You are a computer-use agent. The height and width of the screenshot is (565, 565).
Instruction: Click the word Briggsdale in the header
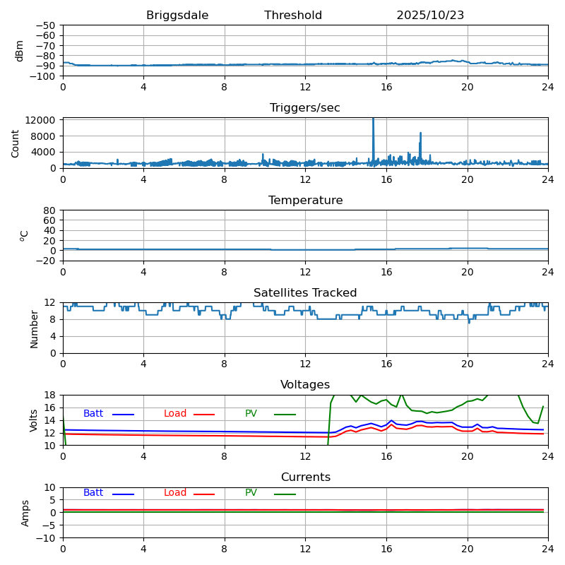click(177, 16)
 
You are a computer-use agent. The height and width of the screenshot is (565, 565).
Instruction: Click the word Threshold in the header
click(293, 16)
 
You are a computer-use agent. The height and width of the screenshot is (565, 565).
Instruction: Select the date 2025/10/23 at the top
click(430, 16)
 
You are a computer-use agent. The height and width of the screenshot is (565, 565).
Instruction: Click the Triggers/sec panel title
click(305, 108)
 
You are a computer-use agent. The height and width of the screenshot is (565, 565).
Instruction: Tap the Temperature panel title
click(305, 201)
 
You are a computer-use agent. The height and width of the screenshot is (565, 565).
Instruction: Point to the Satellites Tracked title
click(305, 293)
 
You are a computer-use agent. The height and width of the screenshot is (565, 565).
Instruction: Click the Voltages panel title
click(305, 385)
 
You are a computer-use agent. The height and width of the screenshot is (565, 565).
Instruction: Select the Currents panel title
click(305, 477)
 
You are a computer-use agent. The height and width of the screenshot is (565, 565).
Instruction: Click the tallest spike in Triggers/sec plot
click(373, 120)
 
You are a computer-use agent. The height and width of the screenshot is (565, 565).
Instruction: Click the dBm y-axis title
click(20, 50)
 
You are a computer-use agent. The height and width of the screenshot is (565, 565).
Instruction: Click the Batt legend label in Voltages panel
click(93, 414)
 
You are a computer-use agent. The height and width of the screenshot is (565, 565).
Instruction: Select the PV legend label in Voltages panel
click(251, 414)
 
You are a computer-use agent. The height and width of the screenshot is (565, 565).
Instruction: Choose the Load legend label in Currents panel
click(175, 493)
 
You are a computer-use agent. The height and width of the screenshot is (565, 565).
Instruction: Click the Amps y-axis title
click(25, 513)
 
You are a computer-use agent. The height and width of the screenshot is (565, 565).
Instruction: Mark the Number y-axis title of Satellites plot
click(35, 328)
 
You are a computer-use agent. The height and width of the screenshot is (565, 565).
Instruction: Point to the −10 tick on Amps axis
click(47, 538)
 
